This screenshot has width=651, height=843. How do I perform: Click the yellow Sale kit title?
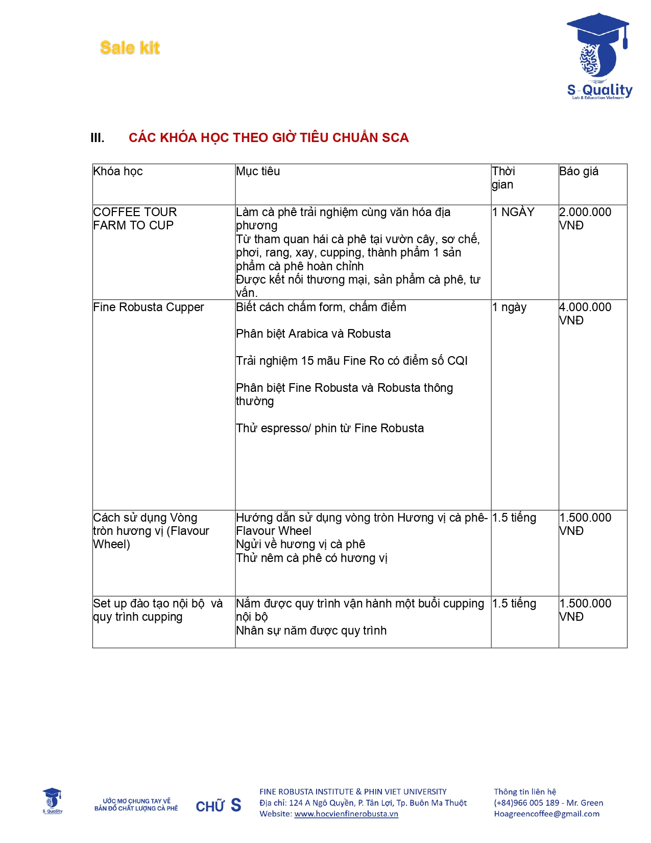[130, 48]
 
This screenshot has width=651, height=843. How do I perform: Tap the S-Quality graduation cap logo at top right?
[599, 56]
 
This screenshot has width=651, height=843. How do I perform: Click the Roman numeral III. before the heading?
[97, 138]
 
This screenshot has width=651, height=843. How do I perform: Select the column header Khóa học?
[118, 172]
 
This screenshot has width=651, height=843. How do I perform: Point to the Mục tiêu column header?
[258, 172]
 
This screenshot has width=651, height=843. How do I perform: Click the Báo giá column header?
[578, 172]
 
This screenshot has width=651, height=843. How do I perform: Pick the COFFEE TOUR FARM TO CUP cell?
[134, 219]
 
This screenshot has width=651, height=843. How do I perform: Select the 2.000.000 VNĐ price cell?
[585, 219]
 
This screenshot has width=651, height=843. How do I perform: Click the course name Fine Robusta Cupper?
[149, 307]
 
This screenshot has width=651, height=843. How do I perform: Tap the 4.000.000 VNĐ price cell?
[585, 314]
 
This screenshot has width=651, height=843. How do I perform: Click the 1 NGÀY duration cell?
[513, 212]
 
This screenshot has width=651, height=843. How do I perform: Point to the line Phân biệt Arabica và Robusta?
[313, 334]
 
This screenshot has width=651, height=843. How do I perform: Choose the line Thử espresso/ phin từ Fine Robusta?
[330, 428]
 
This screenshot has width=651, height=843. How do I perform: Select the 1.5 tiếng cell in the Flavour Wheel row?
[514, 518]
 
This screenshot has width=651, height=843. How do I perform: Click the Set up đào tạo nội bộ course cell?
[158, 610]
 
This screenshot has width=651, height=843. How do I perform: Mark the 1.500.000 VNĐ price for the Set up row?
[585, 610]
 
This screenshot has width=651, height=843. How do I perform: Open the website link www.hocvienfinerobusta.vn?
[346, 814]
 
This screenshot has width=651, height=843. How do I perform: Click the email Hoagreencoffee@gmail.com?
[546, 814]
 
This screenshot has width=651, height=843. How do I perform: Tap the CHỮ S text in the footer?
[219, 806]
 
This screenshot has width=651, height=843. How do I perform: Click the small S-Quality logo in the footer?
[52, 801]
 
